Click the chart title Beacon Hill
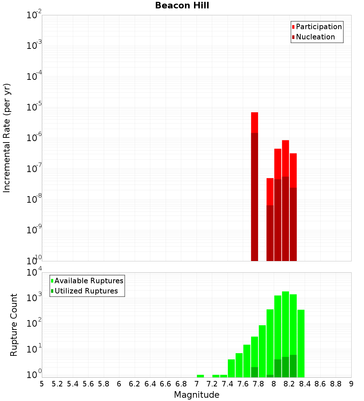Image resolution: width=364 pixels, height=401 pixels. (x=182, y=5)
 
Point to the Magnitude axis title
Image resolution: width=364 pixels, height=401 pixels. (x=197, y=395)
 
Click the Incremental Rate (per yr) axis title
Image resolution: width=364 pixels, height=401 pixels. (x=7, y=138)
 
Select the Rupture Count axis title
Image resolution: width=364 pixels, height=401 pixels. (x=14, y=325)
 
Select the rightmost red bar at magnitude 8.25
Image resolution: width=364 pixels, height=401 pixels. (x=293, y=204)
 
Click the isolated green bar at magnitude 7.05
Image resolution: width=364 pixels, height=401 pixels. (x=200, y=376)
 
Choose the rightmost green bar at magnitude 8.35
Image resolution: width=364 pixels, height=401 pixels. (x=301, y=343)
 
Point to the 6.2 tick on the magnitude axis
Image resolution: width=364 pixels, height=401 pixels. (x=135, y=384)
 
